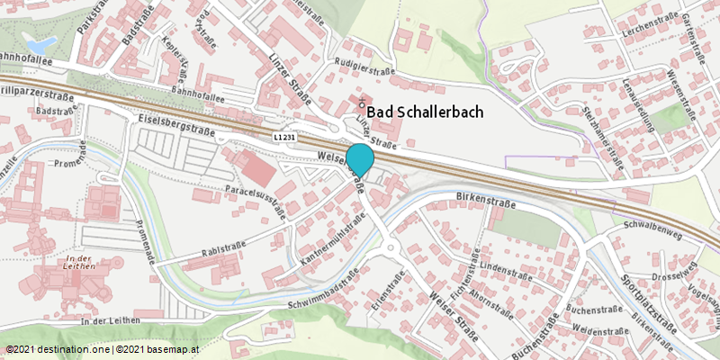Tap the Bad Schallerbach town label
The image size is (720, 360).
tap(426, 112)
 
